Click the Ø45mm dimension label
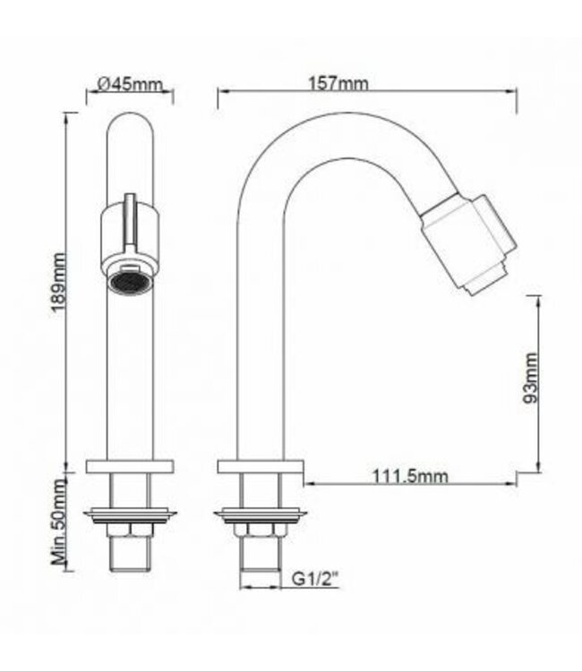[x=130, y=84]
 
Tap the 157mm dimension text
[x=338, y=83]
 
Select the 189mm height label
[x=58, y=285]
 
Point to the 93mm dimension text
[x=530, y=378]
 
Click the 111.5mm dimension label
[x=410, y=476]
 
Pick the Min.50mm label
[x=59, y=522]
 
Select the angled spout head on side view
[x=468, y=244]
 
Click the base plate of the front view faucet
[x=130, y=466]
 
